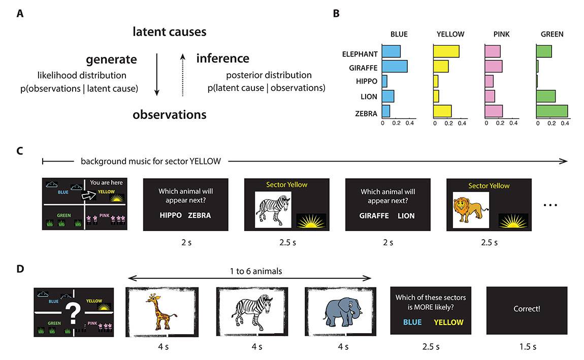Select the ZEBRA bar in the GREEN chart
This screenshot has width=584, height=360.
(x=552, y=111)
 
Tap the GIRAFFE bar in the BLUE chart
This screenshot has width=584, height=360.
(x=395, y=66)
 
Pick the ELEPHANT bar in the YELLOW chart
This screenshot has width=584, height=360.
(x=446, y=51)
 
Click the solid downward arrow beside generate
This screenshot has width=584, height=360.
(x=157, y=73)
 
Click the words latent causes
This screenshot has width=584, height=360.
(x=170, y=32)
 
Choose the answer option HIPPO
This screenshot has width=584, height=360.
(x=170, y=215)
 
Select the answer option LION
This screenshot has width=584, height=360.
(x=406, y=215)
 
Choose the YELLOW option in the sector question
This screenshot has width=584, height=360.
(x=449, y=322)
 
